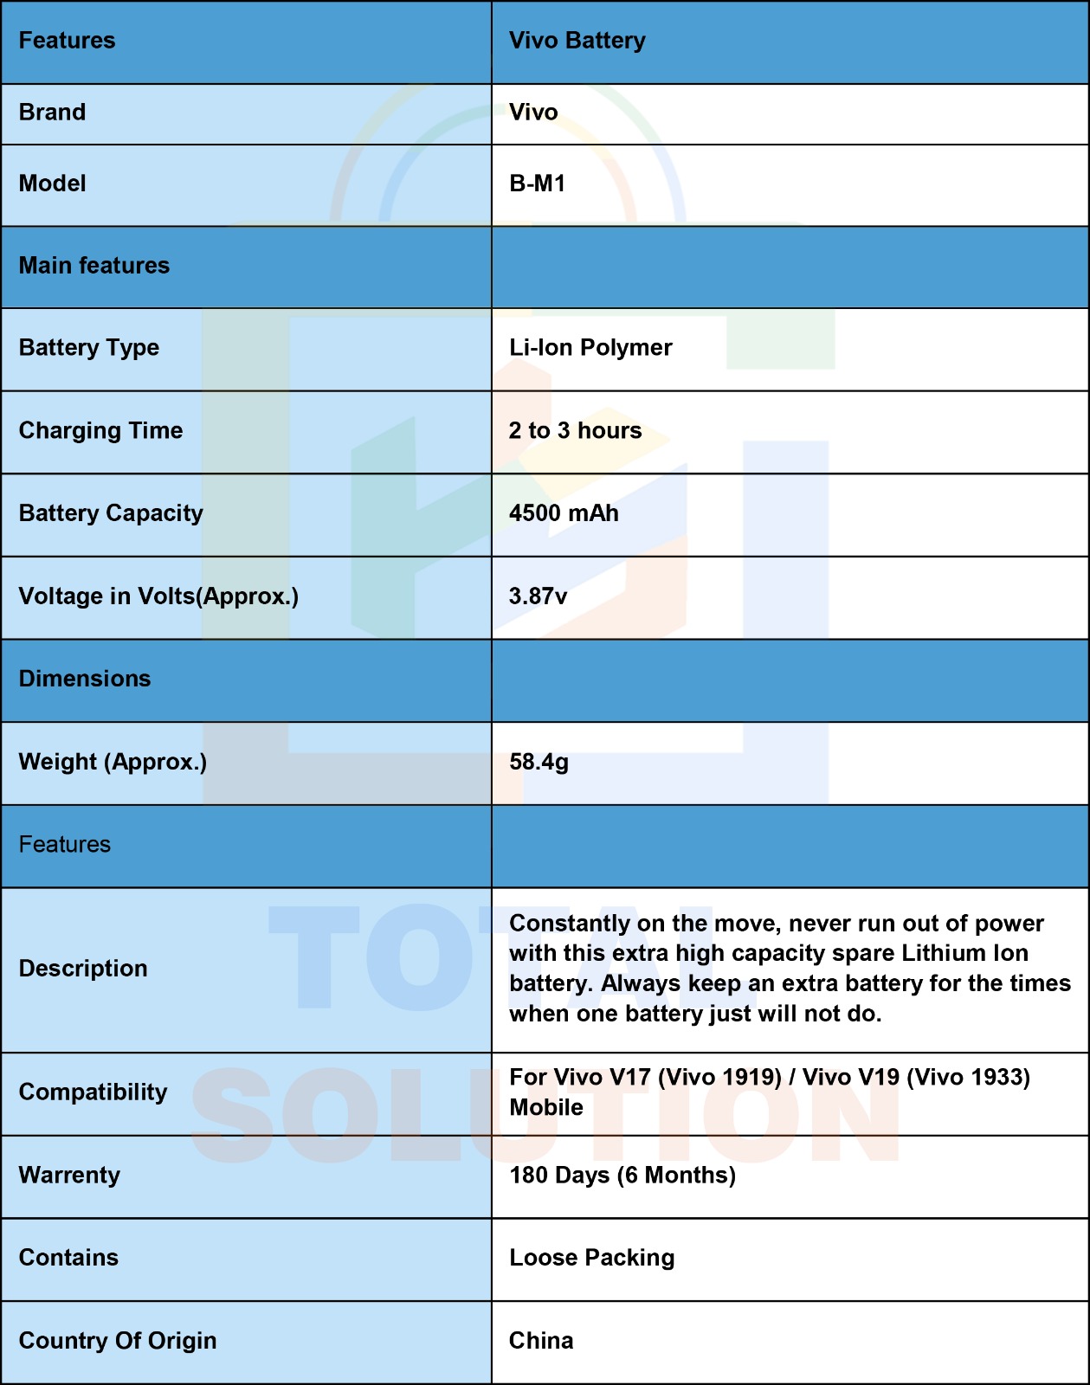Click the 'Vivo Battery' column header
[577, 41]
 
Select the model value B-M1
[537, 184]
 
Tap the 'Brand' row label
[52, 113]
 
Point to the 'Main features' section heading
[94, 266]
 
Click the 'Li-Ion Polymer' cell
[590, 348]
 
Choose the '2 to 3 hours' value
[575, 431]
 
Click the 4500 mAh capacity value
[564, 513]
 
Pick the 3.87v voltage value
[538, 596]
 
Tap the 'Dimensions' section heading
[85, 679]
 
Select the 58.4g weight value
[539, 762]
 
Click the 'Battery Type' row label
[89, 348]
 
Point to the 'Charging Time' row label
[100, 431]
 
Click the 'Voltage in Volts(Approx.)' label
[158, 596]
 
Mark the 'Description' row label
[83, 969]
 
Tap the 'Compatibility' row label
[93, 1092]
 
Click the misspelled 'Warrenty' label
[69, 1176]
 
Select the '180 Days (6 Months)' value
[622, 1176]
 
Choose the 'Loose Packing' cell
[591, 1258]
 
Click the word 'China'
[541, 1341]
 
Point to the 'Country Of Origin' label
[118, 1341]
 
